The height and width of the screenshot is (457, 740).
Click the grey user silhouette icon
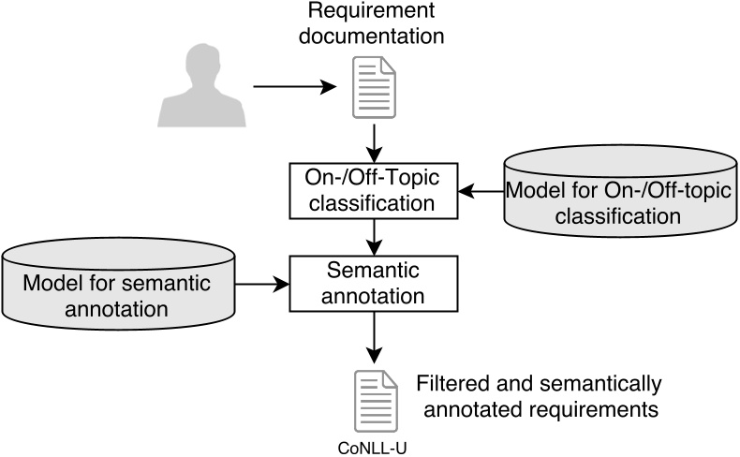pos(201,88)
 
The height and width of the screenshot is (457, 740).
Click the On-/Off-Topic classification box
pos(375,190)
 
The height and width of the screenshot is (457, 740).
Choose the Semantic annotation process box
pos(375,284)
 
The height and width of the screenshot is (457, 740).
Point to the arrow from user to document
pos(295,88)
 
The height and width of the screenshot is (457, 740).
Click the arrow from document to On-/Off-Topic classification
pos(375,140)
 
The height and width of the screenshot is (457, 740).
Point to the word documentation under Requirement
pos(376,38)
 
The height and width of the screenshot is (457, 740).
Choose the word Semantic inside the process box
pos(375,272)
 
